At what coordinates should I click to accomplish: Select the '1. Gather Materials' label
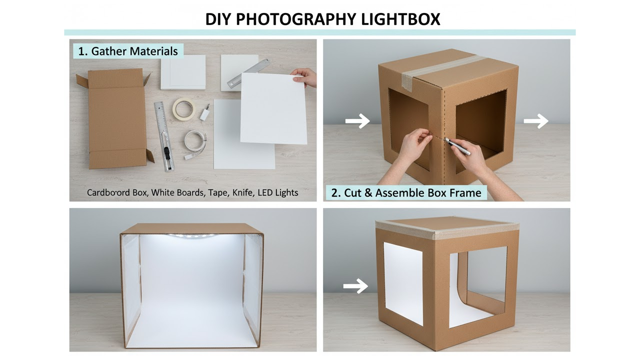128,51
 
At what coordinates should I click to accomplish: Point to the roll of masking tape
183,108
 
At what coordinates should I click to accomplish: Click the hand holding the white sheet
305,76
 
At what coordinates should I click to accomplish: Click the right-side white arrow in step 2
536,121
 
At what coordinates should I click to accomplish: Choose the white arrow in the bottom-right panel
355,286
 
